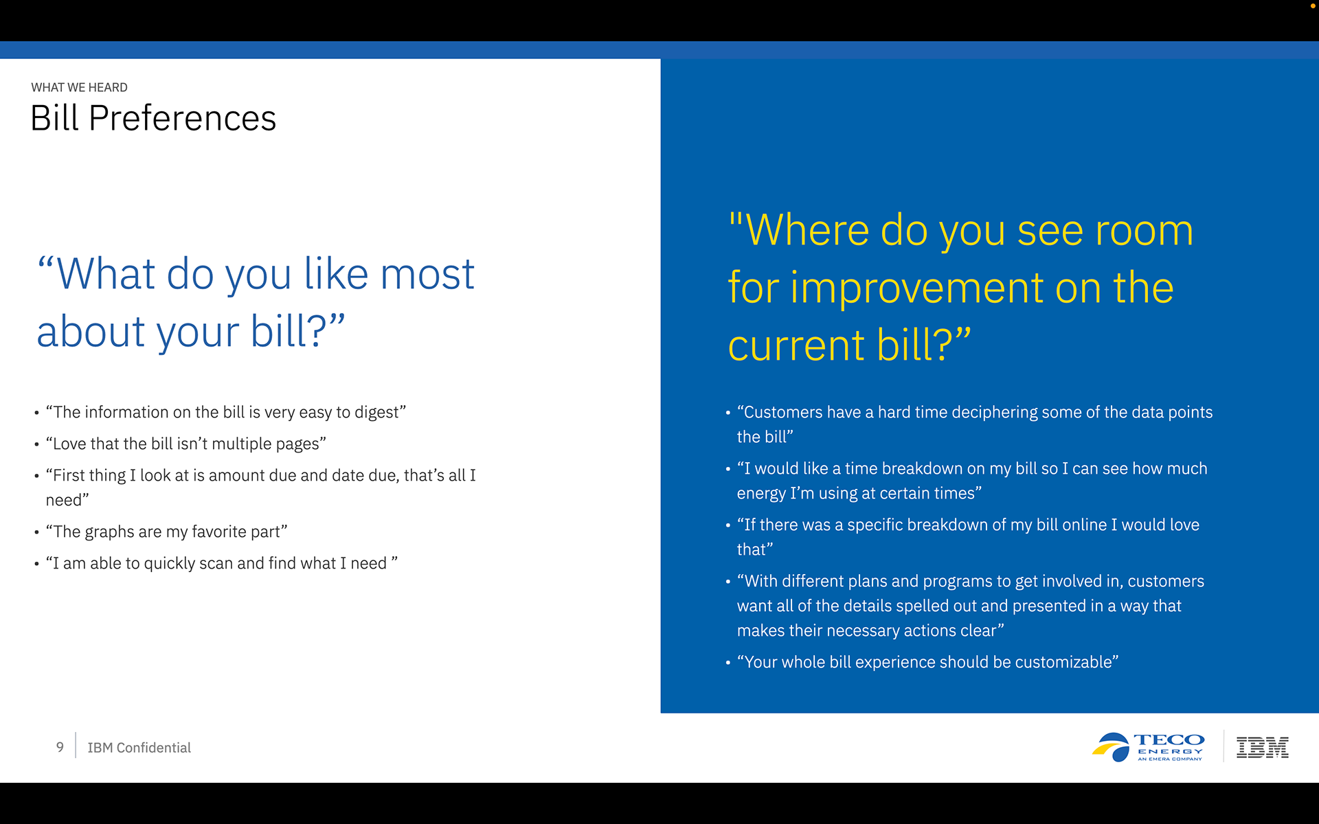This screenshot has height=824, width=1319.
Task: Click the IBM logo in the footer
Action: (x=1263, y=747)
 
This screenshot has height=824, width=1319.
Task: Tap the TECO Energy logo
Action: (x=1148, y=747)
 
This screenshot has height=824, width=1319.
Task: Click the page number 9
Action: (x=60, y=747)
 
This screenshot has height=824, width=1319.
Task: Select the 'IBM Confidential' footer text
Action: (x=139, y=748)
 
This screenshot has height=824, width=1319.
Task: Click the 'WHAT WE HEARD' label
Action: (x=79, y=87)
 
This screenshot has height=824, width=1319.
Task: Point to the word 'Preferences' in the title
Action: (x=182, y=118)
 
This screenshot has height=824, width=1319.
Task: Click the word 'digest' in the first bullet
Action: (x=376, y=413)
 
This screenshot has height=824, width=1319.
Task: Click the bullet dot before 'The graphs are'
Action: (x=36, y=532)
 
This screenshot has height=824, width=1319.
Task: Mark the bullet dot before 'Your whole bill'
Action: (x=728, y=663)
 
